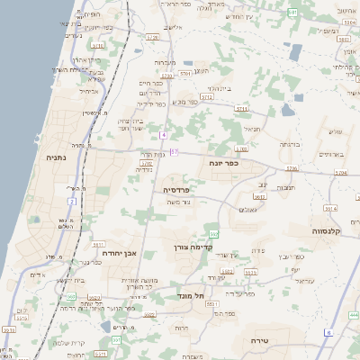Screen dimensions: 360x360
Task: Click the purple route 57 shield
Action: pos(175,151)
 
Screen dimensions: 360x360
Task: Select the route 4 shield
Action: pos(163,135)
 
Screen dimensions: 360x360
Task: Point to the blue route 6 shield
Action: pos(328,333)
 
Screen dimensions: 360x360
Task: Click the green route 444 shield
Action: pos(353,315)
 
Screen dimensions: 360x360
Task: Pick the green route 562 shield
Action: pos(212,234)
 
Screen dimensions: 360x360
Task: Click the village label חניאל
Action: pos(250,129)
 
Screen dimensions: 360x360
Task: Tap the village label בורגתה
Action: pos(288,144)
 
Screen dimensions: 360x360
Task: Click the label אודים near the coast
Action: pos(37,274)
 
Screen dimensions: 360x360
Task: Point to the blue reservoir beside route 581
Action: pos(286,110)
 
